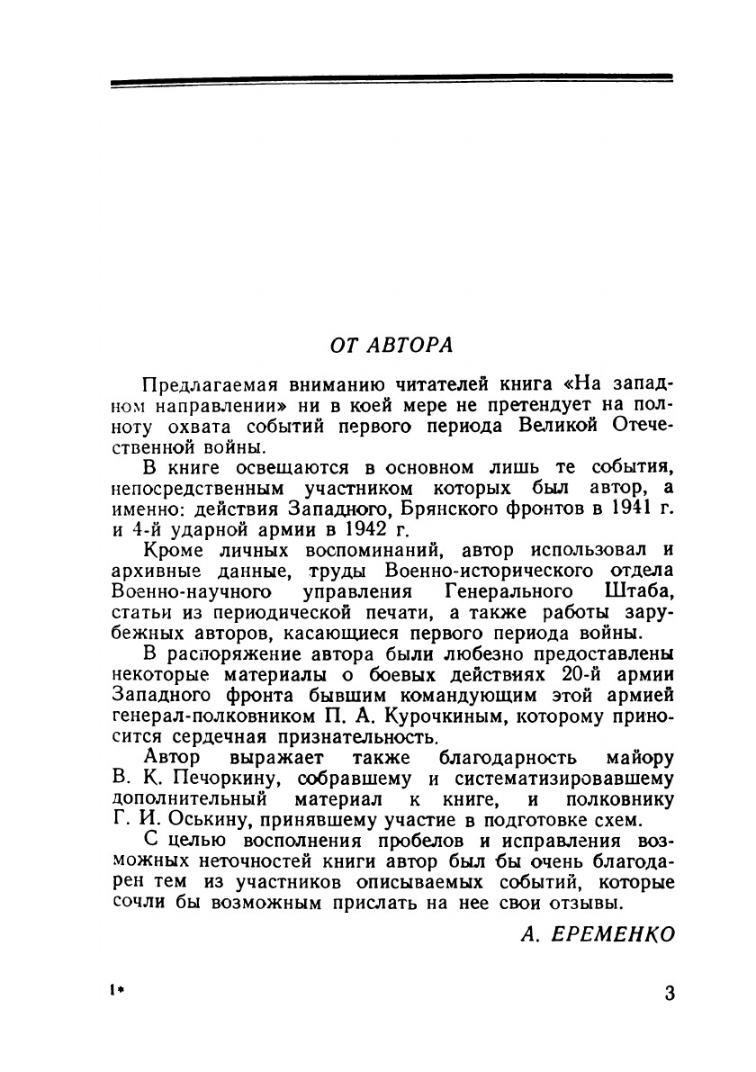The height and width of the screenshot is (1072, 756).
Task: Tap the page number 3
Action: coord(669,994)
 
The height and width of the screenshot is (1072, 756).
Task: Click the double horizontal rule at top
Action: coord(391,81)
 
